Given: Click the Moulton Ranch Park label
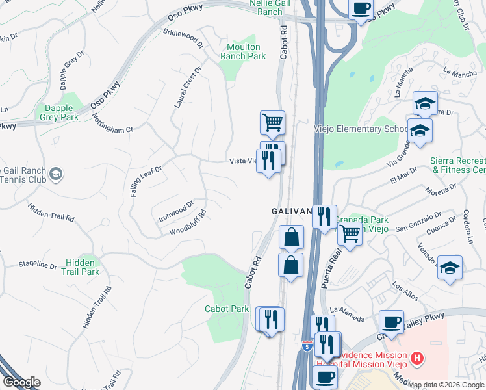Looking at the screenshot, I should coord(244,51).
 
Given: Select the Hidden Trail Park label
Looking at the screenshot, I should coord(83,267).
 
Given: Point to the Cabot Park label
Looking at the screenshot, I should coord(227,309).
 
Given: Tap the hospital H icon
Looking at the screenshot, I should coord(416,357).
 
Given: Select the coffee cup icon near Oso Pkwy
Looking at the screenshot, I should coord(361,9).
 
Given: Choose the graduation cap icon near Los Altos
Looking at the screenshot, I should coord(450,268).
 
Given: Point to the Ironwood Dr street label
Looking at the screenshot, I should coord(176,212).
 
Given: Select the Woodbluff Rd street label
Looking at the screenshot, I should coord(188,223).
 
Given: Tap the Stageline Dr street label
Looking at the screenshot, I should coord(38,265).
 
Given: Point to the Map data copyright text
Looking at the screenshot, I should coord(445,385).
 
